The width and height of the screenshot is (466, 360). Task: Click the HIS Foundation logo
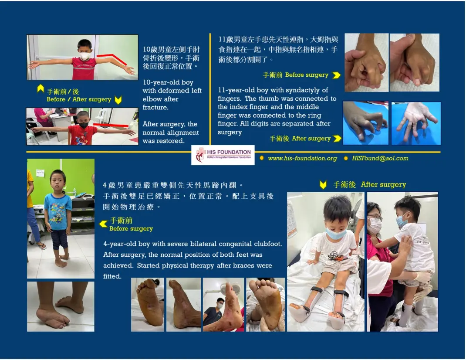223,155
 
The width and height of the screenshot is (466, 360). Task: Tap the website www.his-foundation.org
303,158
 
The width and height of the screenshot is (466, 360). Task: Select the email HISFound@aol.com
380,158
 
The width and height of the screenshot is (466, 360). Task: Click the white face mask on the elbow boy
84,55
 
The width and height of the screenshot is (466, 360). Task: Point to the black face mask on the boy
84,125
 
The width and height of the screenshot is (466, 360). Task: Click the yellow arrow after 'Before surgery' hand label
336,75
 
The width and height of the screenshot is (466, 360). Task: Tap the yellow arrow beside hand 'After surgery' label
337,138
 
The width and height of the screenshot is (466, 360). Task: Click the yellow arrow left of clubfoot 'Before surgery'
103,224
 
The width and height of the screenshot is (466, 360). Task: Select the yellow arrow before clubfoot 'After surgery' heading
323,185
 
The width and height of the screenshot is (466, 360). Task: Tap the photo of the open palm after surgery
416,123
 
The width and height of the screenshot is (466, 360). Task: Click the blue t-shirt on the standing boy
58,211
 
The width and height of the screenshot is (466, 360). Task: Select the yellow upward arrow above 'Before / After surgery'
41,88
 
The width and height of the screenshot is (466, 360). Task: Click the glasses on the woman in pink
375,218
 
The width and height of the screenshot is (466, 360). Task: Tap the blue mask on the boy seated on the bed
336,233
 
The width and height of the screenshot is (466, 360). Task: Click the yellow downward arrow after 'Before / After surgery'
118,100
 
